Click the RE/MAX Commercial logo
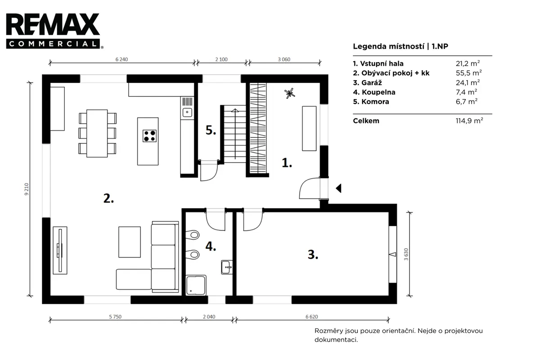(54, 31)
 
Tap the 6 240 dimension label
(121, 59)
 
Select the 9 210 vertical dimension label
(27, 189)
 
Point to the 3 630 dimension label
(406, 254)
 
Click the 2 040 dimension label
(209, 317)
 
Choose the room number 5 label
(211, 130)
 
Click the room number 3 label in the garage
(313, 255)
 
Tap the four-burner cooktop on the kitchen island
(149, 136)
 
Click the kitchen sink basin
(187, 112)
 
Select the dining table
(97, 133)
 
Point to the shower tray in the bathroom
(196, 285)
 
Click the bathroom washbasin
(227, 267)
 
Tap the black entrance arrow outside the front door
(339, 188)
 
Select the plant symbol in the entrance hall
(289, 93)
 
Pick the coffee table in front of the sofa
(130, 242)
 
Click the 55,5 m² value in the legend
(468, 73)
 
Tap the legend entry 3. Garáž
(367, 82)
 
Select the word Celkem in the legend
(366, 121)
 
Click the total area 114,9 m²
(469, 121)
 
